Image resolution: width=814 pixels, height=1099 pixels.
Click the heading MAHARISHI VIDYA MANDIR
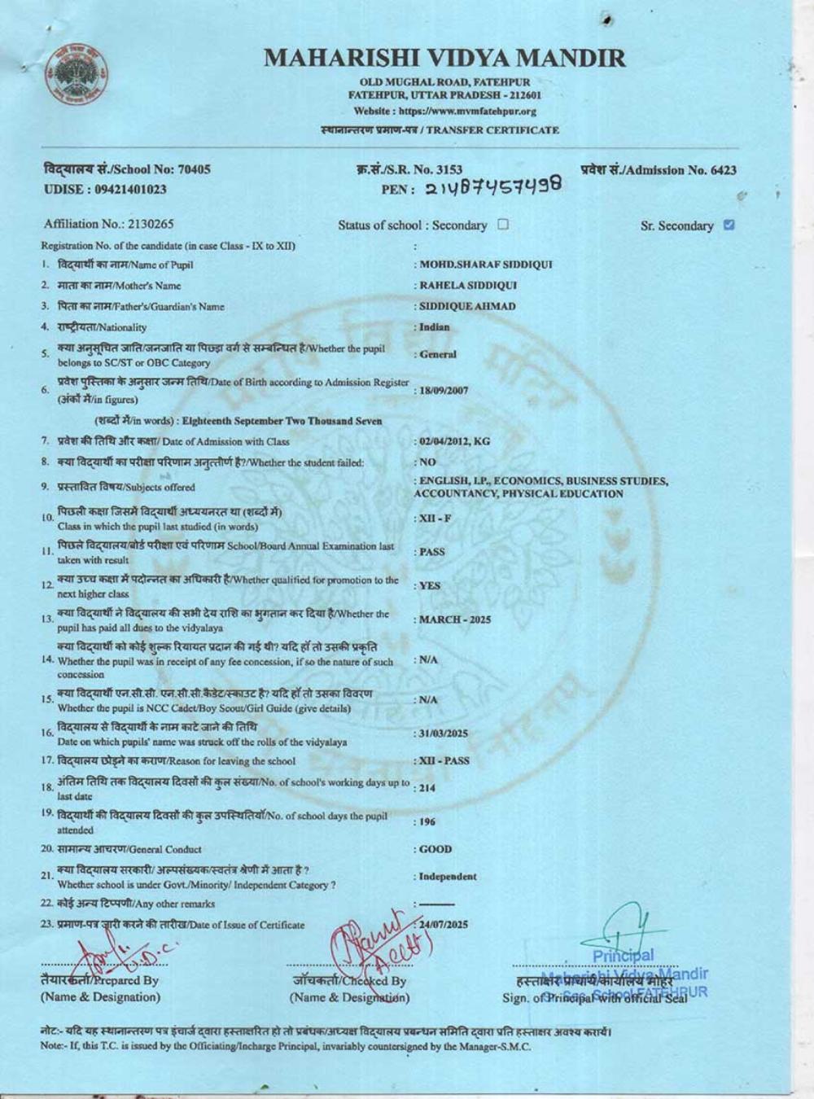[445, 59]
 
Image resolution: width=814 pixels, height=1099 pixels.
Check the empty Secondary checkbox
[502, 225]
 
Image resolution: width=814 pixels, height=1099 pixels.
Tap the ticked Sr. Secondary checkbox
[729, 225]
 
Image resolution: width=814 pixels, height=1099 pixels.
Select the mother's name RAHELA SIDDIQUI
[468, 286]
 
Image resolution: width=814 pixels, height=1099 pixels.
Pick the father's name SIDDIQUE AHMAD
[467, 307]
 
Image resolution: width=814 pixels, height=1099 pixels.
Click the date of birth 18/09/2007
[444, 391]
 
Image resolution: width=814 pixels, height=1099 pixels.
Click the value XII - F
[435, 519]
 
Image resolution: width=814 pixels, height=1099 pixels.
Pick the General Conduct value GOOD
[435, 849]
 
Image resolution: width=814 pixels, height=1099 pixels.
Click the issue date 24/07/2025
[444, 925]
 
